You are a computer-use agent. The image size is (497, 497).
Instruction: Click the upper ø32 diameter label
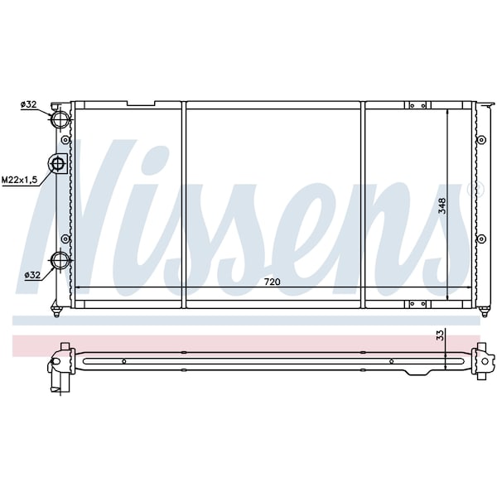[x=28, y=104]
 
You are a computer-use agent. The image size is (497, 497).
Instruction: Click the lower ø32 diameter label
[x=32, y=274]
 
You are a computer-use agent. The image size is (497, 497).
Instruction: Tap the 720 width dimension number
[x=272, y=282]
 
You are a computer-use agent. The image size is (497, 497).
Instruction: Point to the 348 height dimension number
[x=442, y=205]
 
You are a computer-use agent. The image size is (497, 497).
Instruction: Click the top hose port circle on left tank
[x=60, y=118]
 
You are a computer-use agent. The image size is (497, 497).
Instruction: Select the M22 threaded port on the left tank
[x=58, y=164]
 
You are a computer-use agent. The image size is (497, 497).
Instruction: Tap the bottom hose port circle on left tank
[x=60, y=261]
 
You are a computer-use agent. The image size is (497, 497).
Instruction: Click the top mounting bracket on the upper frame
[x=417, y=105]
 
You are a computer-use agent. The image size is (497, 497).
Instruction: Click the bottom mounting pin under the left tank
[x=57, y=312]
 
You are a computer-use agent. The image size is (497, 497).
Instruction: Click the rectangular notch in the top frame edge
[x=141, y=104]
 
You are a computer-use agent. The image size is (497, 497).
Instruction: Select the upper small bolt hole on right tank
[x=480, y=140]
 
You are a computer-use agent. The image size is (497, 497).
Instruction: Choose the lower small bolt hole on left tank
[x=66, y=239]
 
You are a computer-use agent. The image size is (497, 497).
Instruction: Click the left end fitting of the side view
[x=60, y=364]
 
